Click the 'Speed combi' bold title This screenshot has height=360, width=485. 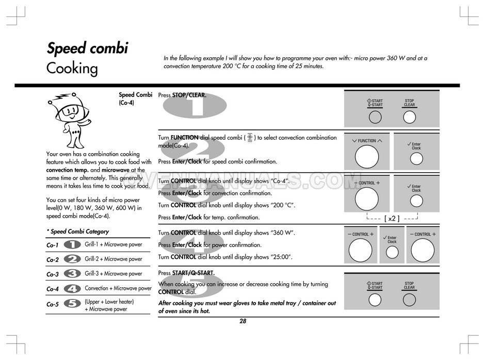(87, 48)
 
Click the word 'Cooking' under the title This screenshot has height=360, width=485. (72, 69)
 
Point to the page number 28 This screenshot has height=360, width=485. (243, 321)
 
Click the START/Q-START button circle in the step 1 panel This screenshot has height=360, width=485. (375, 117)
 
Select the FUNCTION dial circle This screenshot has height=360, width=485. (367, 157)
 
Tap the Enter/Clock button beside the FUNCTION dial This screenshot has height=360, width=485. (416, 159)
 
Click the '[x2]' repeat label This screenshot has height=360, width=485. (392, 218)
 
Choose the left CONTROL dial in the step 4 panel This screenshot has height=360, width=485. (360, 250)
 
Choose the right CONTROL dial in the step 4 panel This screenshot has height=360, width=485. (423, 250)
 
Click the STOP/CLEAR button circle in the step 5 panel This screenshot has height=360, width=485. (409, 300)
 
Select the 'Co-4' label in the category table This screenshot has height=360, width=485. (52, 289)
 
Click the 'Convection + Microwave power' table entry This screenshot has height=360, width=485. (118, 288)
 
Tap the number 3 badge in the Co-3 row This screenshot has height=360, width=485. (72, 274)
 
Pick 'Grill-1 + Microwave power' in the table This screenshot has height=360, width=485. (114, 244)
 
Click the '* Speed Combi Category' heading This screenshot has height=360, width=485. (77, 232)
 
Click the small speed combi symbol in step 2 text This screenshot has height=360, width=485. (250, 137)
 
